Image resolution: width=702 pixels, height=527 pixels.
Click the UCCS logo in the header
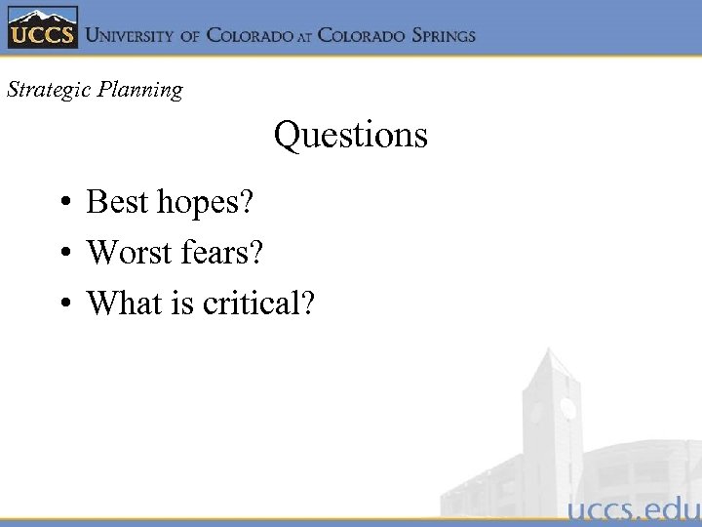coord(40,29)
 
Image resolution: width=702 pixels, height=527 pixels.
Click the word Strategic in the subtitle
coord(46,90)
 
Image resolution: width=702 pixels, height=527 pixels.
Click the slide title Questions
coord(350,135)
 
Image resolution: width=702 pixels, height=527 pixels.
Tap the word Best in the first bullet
coord(118,202)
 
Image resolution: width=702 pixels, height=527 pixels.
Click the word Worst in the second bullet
coord(129,253)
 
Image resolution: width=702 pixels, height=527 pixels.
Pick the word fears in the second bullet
coord(215,253)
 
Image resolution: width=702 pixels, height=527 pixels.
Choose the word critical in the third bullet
coord(253,304)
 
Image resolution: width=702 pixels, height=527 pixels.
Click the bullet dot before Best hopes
coord(61,204)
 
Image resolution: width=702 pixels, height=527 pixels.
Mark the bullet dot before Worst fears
coord(61,255)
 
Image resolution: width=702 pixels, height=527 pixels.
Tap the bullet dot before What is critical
coord(61,305)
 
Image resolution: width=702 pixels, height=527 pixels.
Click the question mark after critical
coord(308,304)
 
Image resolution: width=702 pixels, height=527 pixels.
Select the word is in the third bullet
coord(184,304)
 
